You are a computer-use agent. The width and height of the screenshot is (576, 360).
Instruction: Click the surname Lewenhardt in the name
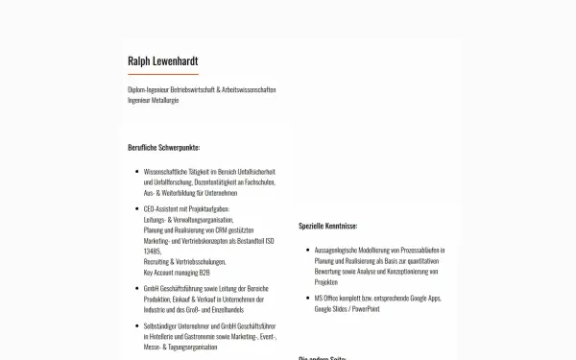point(175,62)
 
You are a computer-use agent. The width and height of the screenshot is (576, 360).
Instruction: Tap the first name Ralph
point(138,62)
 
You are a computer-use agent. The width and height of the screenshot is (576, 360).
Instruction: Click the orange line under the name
point(162,74)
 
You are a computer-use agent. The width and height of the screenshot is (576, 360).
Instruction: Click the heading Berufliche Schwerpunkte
point(163,147)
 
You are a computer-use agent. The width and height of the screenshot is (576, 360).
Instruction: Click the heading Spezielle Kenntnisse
point(327,226)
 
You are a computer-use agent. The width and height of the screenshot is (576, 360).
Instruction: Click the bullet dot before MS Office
point(305,299)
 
